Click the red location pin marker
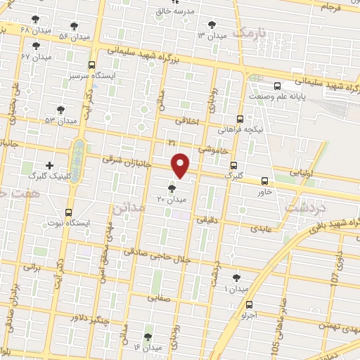(181, 165)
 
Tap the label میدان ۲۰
(172, 200)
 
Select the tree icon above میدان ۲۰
(172, 188)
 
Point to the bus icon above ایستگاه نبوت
(68, 212)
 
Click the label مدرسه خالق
(174, 11)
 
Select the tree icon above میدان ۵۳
(60, 110)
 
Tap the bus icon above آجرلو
(250, 304)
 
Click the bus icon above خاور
(264, 181)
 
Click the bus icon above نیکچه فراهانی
(240, 119)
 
